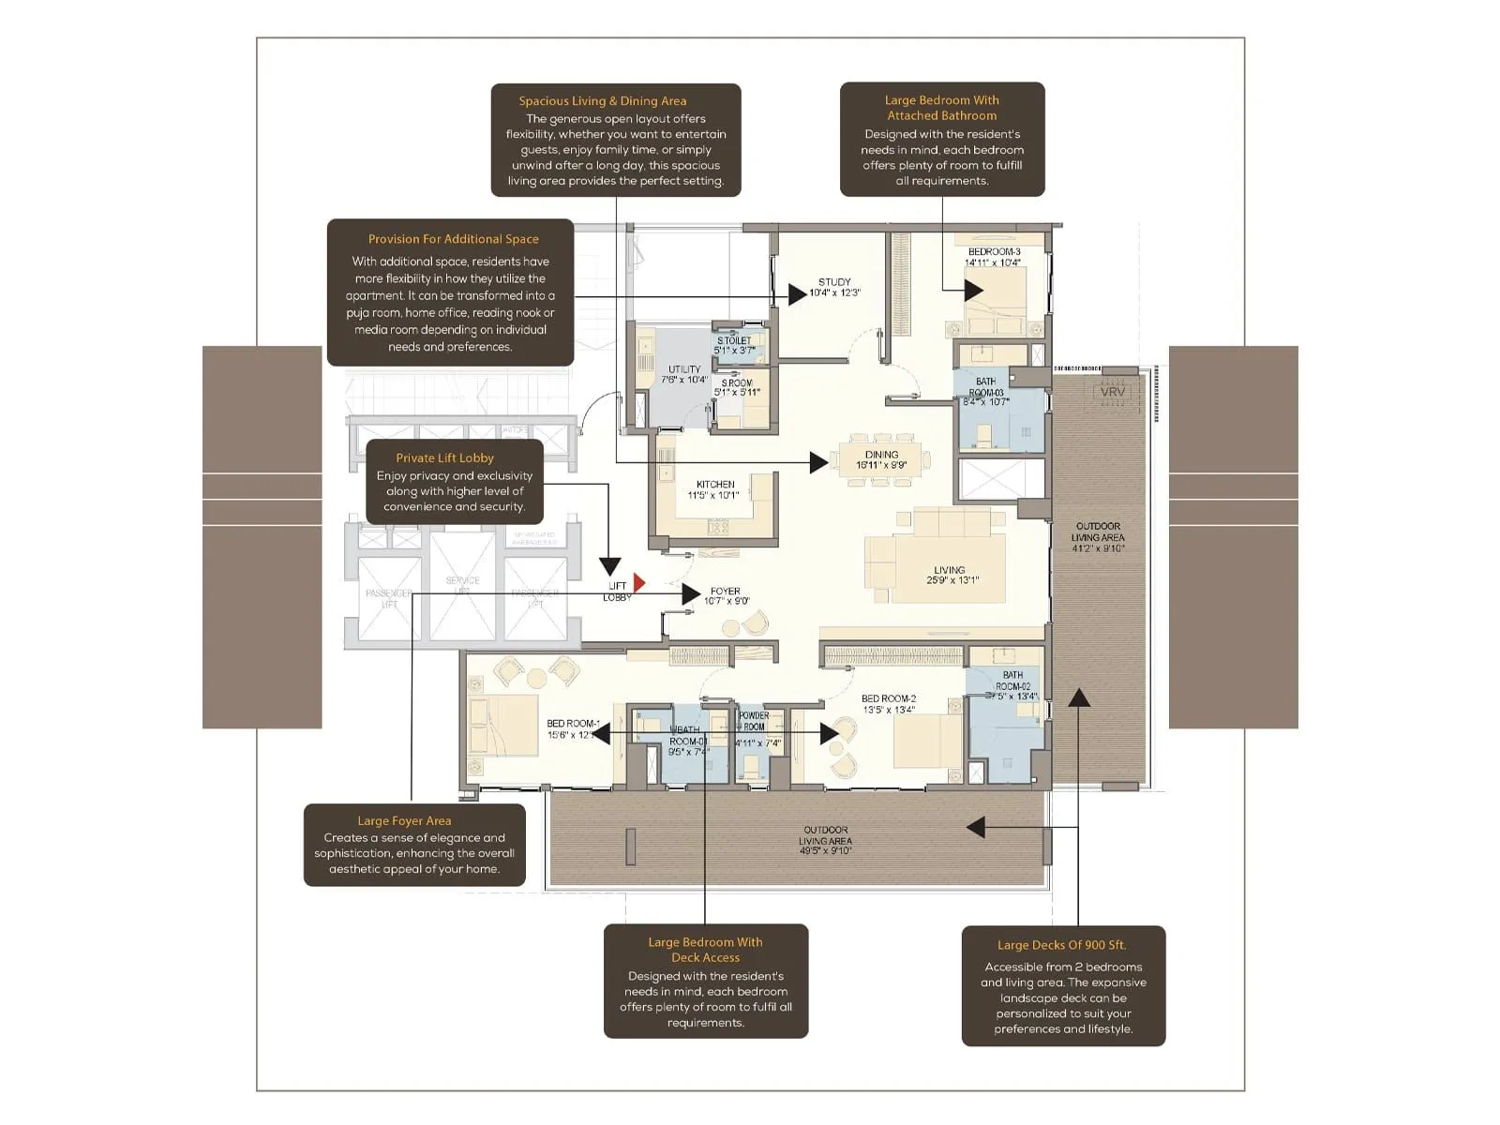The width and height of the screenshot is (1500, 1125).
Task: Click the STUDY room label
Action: click(834, 282)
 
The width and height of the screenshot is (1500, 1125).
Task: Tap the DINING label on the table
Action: click(881, 455)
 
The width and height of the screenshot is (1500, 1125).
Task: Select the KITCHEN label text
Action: click(715, 485)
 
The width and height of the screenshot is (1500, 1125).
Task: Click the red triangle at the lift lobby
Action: click(639, 583)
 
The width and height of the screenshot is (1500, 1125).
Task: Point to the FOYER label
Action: click(726, 592)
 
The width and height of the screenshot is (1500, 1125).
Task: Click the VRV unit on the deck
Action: click(1113, 392)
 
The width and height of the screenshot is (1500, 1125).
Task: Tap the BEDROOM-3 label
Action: click(994, 252)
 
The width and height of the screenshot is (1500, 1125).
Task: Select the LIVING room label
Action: click(949, 570)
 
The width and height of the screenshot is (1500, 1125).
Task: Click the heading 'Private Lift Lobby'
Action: click(444, 457)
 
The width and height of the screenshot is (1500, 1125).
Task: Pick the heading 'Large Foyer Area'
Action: click(404, 820)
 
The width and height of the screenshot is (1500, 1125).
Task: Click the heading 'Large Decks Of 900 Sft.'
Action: click(1061, 945)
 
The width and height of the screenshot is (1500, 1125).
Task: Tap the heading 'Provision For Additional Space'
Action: click(453, 239)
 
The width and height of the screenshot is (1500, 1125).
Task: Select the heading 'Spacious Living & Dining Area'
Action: click(603, 101)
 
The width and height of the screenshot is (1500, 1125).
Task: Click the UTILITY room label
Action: click(684, 369)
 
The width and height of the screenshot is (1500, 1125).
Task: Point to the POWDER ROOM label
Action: click(754, 721)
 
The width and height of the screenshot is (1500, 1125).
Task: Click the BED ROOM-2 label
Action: click(889, 698)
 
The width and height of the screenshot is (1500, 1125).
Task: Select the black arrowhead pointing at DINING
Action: click(818, 461)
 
